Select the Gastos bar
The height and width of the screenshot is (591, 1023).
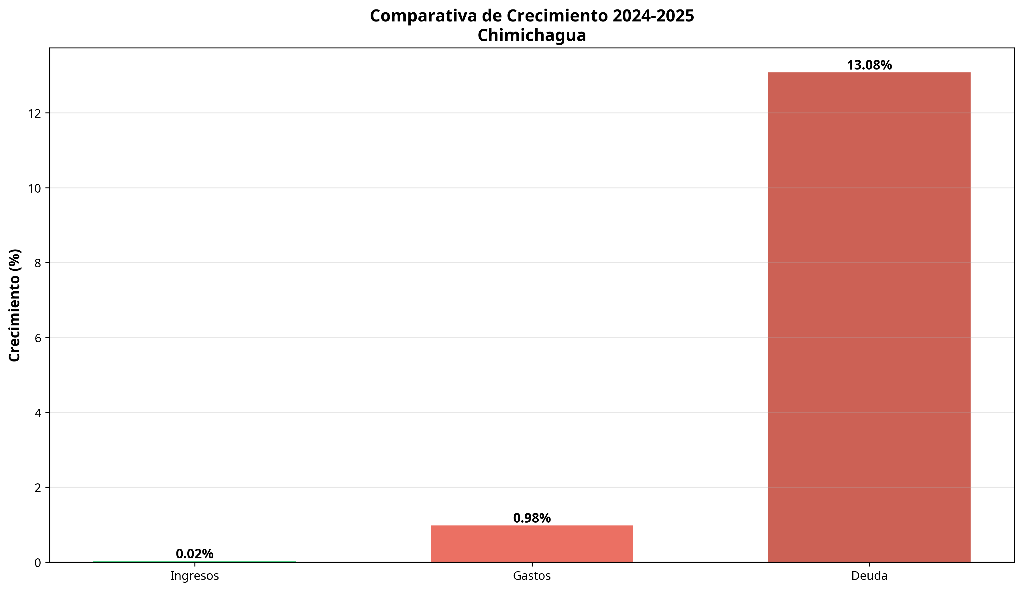pos(532,543)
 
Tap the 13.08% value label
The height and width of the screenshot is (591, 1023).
pos(869,65)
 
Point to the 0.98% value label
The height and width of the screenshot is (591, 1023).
pos(532,518)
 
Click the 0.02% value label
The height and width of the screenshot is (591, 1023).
pos(194,554)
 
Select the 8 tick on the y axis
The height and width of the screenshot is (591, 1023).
pos(38,263)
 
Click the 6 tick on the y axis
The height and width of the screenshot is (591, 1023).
pos(38,338)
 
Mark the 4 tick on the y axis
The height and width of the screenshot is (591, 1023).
pos(38,413)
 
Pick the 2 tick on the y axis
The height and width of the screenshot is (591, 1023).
pos(38,488)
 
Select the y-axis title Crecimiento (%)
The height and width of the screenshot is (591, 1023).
pos(15,305)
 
